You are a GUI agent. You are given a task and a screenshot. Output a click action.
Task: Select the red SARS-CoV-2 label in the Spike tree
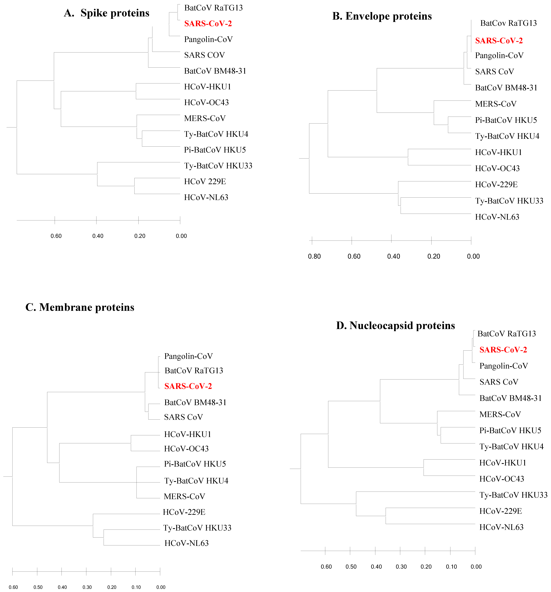[x=208, y=24]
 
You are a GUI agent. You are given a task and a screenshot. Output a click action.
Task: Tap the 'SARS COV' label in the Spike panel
[x=204, y=55]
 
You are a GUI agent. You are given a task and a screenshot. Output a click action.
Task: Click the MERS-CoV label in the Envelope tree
[x=496, y=104]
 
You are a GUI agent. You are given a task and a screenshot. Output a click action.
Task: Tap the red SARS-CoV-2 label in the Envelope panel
[x=499, y=41]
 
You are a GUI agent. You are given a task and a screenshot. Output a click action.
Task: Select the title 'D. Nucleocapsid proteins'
[x=395, y=325]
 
